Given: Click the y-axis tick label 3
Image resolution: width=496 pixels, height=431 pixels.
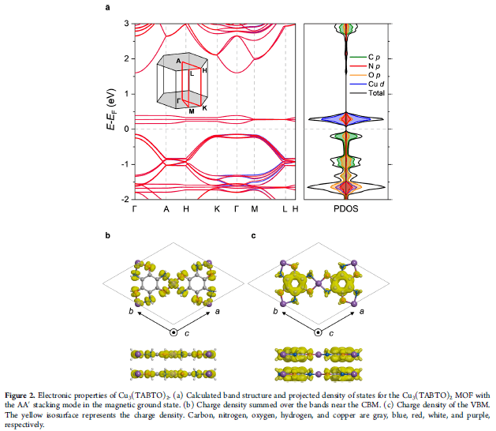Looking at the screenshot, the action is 126,24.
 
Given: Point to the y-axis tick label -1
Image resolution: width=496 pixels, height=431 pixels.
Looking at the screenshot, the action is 125,164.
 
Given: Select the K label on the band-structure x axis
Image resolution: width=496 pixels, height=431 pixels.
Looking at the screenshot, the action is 217,209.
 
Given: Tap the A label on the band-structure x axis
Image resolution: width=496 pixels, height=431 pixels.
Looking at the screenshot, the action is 166,209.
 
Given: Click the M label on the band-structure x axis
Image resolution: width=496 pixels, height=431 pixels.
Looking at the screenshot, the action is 255,209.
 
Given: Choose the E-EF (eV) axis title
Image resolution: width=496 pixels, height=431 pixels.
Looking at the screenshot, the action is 111,109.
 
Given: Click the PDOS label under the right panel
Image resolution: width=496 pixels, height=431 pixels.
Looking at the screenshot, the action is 346,209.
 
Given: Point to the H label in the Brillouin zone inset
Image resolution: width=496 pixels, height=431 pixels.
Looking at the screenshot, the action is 204,70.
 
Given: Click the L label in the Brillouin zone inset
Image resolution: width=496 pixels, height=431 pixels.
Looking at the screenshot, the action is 192,73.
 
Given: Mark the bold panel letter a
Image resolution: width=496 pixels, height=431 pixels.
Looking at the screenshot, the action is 107,7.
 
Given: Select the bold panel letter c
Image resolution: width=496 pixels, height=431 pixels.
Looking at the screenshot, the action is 253,235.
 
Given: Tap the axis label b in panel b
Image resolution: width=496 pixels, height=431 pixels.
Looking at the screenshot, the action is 131,311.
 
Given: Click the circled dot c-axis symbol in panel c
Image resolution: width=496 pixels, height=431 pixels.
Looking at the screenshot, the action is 319,332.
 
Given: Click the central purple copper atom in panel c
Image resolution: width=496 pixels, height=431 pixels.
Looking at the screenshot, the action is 319,283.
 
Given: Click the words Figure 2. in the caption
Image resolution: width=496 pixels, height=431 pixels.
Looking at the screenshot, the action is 20,395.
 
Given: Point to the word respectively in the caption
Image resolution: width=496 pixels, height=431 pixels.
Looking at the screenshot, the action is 24,425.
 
